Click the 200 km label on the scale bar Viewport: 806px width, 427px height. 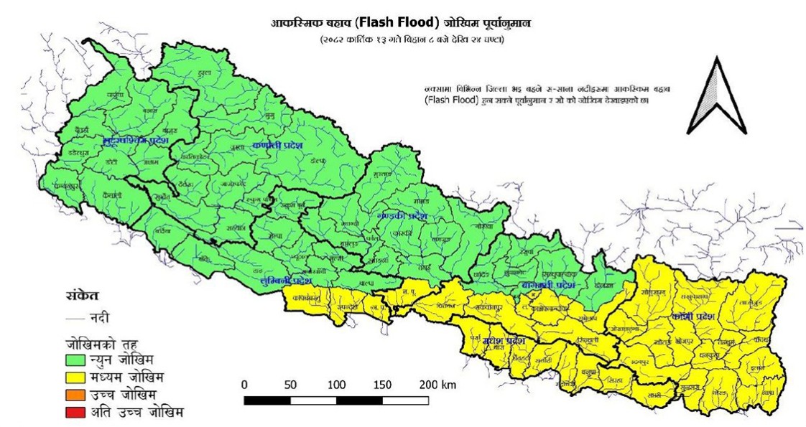coord(438,384)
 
